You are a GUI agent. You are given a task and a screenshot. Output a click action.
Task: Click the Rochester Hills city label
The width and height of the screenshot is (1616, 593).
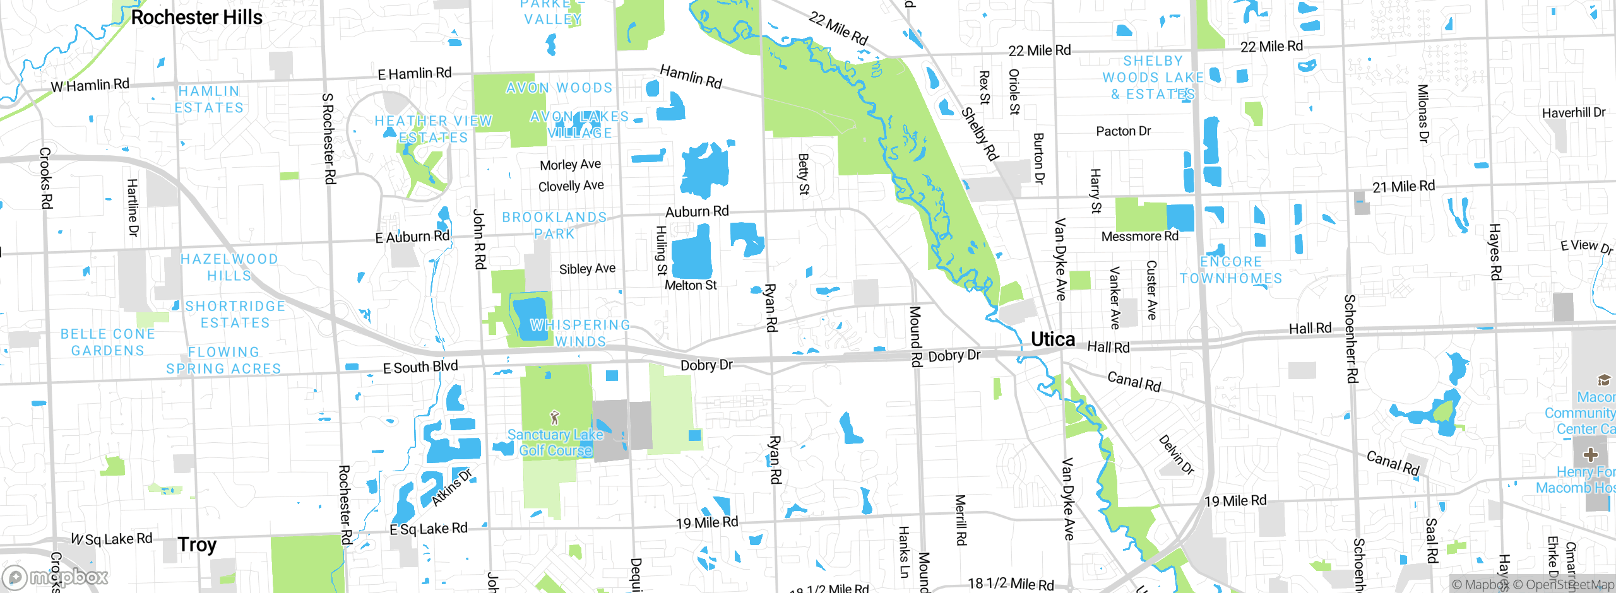pos(196,18)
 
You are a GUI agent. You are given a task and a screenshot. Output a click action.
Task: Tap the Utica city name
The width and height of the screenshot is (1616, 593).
pos(1052,339)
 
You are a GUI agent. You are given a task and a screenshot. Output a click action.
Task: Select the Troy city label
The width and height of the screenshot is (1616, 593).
pos(197,544)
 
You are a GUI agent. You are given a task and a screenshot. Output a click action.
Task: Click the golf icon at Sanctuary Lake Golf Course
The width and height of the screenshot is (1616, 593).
pos(555,418)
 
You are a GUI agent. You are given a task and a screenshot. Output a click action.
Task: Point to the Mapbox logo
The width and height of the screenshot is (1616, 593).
pos(56,577)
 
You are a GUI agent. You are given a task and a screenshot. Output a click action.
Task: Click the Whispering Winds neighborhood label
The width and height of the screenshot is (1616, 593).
pos(580,333)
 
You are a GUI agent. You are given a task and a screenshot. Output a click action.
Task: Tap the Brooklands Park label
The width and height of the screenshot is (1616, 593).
pos(554,225)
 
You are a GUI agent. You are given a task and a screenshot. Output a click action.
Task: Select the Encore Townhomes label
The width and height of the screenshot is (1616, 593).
pos(1231,270)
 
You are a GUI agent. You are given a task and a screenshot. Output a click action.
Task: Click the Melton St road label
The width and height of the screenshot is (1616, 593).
pos(691,286)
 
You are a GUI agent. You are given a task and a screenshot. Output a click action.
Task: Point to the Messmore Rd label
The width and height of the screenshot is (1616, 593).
pos(1139,237)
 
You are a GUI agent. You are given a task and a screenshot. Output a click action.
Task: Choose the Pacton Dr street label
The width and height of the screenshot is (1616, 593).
pos(1123,131)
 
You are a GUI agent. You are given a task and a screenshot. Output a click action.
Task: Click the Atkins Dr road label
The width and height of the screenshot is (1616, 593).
pos(452,487)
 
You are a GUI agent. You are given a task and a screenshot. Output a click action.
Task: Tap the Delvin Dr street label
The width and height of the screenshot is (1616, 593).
pos(1176,455)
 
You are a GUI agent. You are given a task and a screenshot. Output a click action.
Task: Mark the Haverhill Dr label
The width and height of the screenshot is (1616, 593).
pos(1573,113)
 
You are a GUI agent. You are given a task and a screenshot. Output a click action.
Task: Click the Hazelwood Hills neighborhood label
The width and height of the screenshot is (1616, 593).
pos(229,267)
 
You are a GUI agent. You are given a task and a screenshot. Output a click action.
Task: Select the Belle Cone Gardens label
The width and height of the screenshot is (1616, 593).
pos(108,342)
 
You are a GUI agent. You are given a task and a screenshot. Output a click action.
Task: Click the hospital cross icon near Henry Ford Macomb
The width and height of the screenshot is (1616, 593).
pos(1591,455)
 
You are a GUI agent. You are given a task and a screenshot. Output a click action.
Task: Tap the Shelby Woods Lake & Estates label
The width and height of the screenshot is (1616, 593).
pos(1153,78)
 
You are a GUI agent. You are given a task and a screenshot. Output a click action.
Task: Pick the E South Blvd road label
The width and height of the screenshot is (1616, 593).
pos(420,367)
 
